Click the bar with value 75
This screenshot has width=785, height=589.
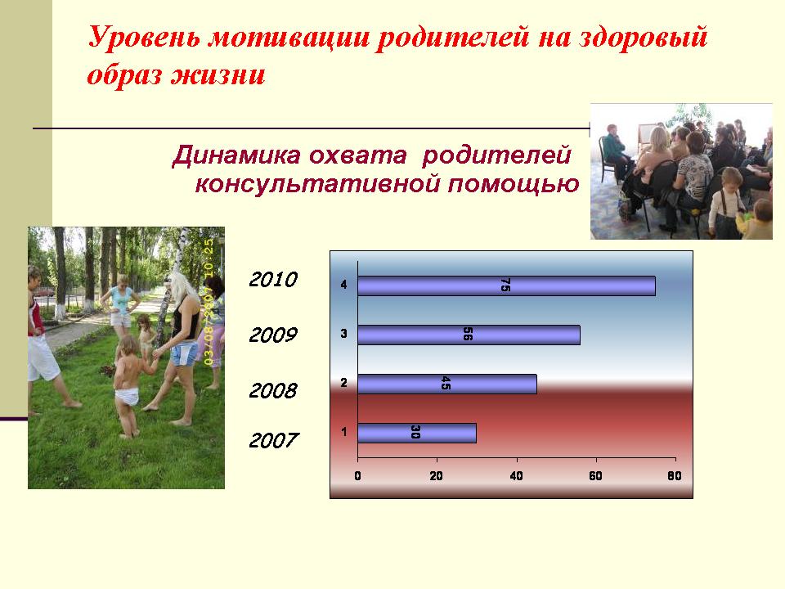506,286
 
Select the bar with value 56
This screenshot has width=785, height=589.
469,335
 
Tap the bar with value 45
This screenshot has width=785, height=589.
447,384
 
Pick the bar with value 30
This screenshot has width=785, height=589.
416,433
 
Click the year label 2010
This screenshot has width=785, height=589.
273,280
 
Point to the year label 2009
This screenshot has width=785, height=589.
273,335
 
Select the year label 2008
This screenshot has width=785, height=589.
273,390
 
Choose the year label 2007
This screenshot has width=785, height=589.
273,441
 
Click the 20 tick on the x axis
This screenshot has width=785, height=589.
436,476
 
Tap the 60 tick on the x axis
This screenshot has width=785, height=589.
595,476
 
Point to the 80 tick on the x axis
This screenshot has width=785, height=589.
675,476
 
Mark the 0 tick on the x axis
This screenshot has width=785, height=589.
357,476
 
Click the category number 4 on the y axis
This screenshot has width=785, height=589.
344,285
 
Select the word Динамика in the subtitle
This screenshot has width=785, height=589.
236,155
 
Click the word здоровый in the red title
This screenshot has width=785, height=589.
644,38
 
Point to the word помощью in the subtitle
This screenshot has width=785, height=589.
514,184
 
